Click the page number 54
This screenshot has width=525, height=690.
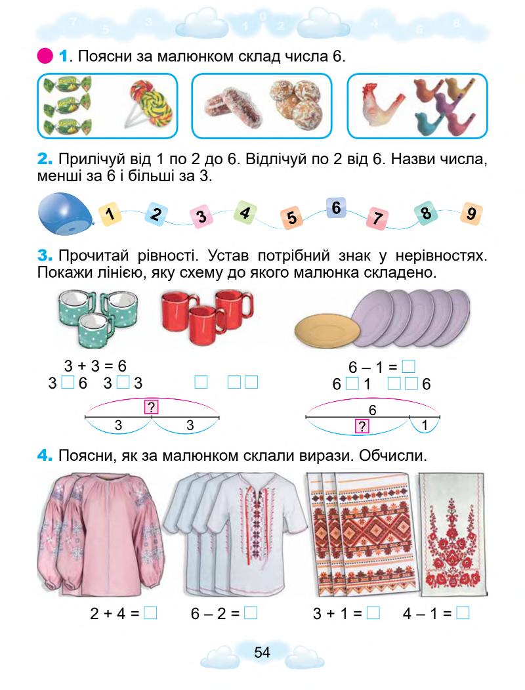(x=262, y=652)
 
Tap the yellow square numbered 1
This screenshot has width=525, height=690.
(x=111, y=213)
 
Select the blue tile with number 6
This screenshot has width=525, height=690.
(x=336, y=208)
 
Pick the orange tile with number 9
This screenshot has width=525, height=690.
(x=471, y=214)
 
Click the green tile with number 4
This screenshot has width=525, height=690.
(x=245, y=212)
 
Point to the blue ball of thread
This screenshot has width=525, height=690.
(x=64, y=214)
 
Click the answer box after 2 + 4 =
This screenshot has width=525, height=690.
(x=150, y=614)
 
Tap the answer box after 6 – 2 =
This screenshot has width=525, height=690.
(x=250, y=614)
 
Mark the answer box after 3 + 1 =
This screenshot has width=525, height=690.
(x=373, y=614)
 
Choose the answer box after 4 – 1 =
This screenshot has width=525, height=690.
(x=463, y=614)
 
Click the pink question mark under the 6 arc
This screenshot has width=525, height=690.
(x=360, y=427)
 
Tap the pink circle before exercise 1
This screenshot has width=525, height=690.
(x=46, y=57)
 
